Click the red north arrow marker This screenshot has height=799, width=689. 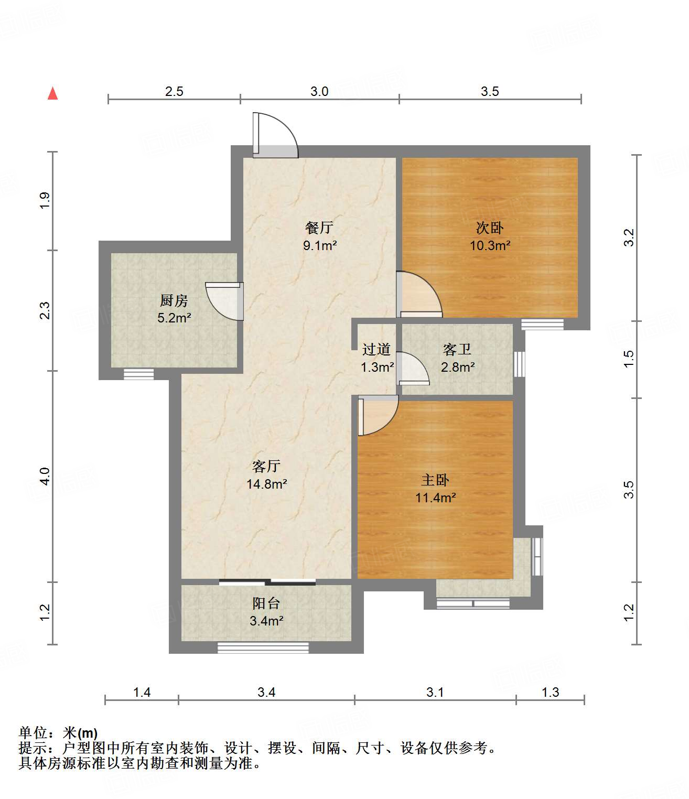coord(52,93)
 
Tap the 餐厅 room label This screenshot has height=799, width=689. coord(319,228)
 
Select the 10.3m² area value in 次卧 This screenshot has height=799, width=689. coord(490,245)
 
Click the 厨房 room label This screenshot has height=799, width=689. coord(174,300)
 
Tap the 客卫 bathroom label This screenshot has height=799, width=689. coord(457,349)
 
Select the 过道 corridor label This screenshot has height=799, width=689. coord(376,349)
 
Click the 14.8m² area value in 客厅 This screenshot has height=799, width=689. coord(266,484)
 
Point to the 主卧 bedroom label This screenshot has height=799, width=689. coord(435,480)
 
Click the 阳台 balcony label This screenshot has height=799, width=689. coord(266,603)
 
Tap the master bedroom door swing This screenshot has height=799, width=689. coord(376,415)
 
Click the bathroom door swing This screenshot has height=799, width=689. coord(413,369)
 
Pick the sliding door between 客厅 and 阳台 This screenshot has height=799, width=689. coord(267,581)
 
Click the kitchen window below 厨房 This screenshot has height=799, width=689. coord(138,374)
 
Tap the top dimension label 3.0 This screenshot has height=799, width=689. coord(319,91)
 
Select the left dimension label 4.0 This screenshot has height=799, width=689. coord(45,476)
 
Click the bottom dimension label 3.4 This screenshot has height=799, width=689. coord(266,692)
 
